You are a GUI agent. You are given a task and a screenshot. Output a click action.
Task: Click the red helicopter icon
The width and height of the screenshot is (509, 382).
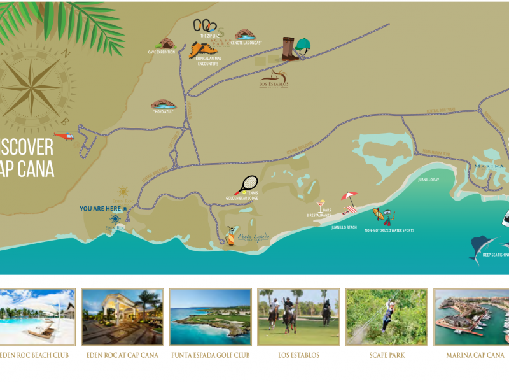pos(66,136)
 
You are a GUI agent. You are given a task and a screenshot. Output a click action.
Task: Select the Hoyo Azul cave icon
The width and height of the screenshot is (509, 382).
pos(162,104)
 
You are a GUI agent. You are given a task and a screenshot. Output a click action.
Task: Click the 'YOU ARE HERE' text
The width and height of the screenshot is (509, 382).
pos(101,208)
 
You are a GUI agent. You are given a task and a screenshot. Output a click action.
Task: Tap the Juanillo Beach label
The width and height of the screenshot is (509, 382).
pos(344,227)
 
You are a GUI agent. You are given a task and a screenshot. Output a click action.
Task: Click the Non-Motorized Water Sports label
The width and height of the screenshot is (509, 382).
pos(389,230)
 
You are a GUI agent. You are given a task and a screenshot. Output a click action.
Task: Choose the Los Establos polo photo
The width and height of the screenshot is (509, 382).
pos(298,317)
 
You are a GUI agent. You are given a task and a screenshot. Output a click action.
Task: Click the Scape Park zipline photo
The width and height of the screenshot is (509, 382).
pos(386,317)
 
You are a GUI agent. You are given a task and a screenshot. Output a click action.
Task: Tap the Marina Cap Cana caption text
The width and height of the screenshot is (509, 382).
pos(476,355)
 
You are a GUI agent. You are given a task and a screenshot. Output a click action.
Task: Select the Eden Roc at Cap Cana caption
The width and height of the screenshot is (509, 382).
pos(122,355)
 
